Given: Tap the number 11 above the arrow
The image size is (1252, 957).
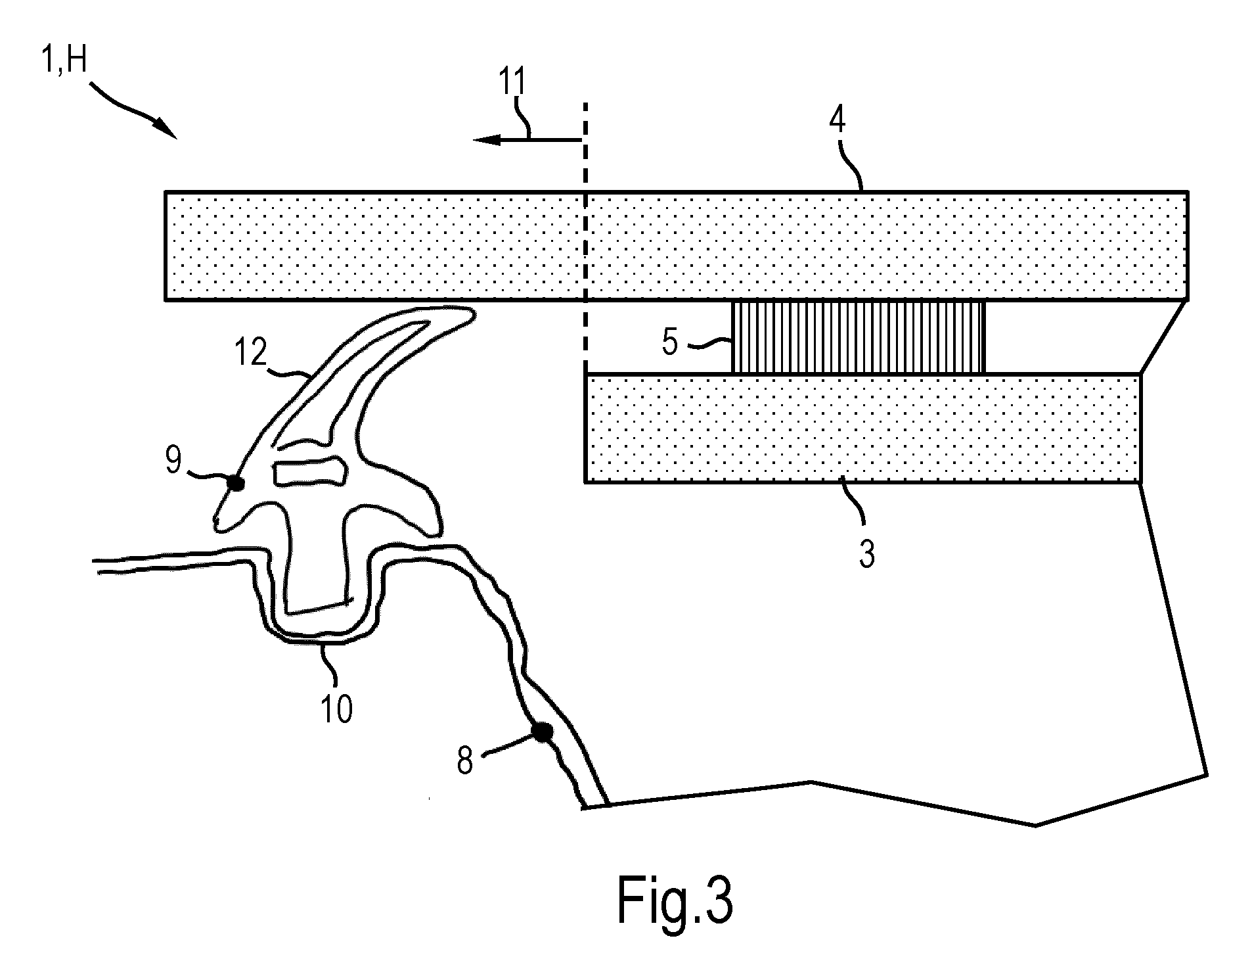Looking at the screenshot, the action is click(x=512, y=83).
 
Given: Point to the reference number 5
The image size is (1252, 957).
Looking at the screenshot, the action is click(x=670, y=342).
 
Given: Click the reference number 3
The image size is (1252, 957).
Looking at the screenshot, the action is click(x=867, y=555).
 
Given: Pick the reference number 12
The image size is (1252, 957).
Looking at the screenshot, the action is click(x=250, y=354).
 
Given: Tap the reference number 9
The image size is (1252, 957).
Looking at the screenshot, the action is click(x=173, y=461).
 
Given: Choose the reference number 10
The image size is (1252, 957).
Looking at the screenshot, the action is click(x=336, y=709).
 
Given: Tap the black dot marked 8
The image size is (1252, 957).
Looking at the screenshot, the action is click(x=542, y=733).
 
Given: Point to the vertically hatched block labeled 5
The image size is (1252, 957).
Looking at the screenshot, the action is click(x=859, y=337).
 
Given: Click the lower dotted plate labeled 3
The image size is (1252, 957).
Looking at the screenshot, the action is click(x=862, y=429).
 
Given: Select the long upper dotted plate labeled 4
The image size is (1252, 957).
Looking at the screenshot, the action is click(x=676, y=246).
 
